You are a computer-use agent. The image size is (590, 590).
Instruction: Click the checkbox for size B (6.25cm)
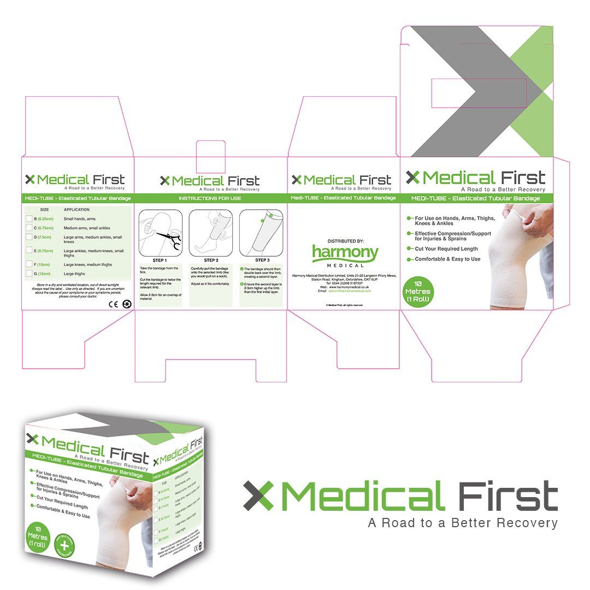tap(29, 219)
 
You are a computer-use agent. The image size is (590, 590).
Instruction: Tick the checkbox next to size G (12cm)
tap(29, 273)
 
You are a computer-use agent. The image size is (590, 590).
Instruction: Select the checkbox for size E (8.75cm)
tap(29, 251)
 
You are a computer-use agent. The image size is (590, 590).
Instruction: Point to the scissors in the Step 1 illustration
tap(167, 236)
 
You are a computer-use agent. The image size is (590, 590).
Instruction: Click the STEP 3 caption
tap(262, 260)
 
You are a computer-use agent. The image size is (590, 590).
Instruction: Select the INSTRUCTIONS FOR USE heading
tap(210, 198)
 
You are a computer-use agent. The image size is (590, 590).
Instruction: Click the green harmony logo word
tap(345, 252)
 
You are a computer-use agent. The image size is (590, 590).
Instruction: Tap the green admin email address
tap(350, 291)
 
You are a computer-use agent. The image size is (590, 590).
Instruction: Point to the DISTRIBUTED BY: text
tap(345, 241)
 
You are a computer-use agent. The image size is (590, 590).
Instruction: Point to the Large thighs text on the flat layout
tap(75, 273)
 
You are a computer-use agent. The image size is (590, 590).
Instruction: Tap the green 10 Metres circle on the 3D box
tap(38, 538)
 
